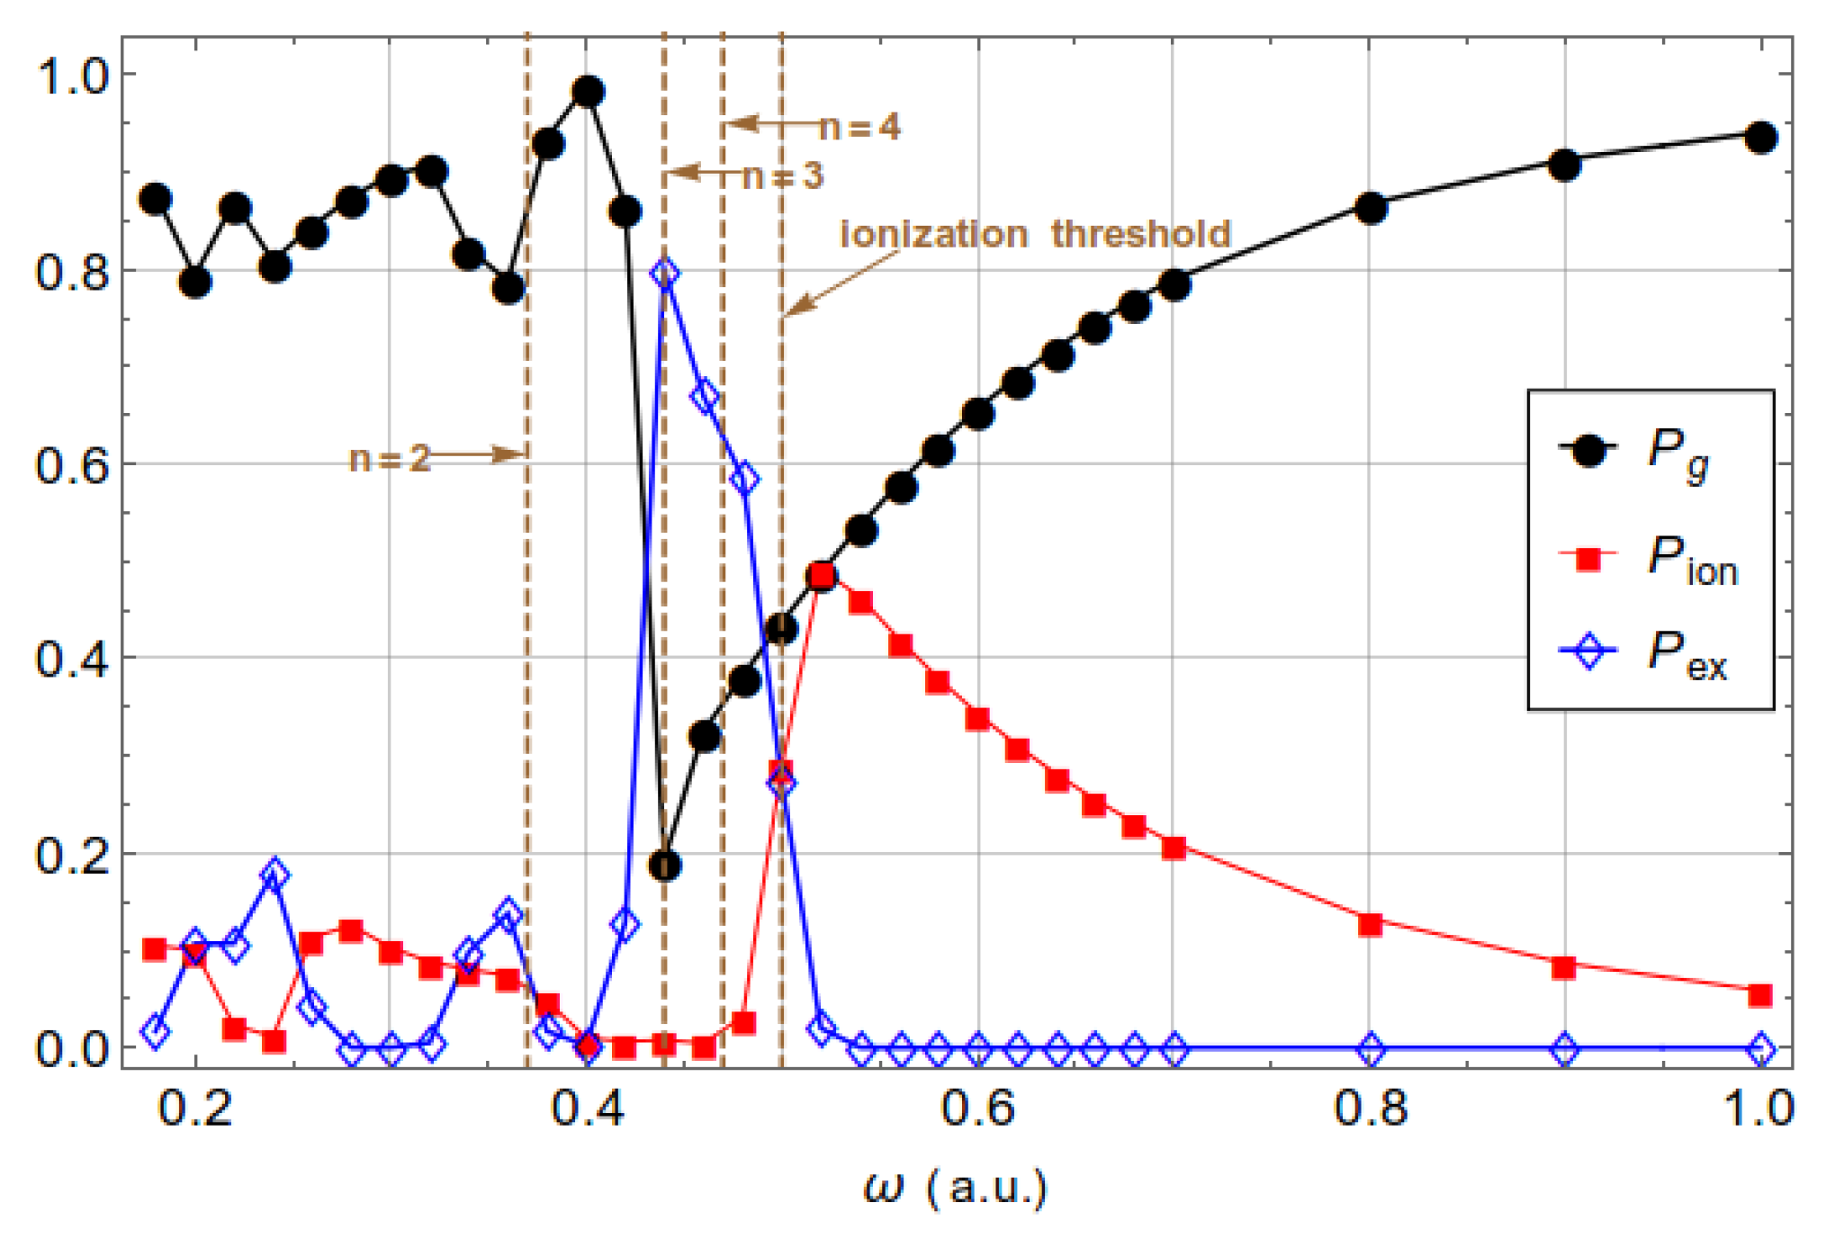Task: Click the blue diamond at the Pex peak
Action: [664, 273]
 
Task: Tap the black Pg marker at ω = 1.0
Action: [1760, 138]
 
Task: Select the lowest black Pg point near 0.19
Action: [664, 866]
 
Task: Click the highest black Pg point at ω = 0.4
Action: [588, 91]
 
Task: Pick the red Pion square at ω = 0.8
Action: [1370, 924]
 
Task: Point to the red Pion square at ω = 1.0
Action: [1760, 994]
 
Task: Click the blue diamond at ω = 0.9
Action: [1565, 1048]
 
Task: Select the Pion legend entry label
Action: [1691, 560]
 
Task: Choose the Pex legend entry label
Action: [1687, 655]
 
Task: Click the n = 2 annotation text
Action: [389, 459]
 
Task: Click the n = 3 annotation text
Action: [781, 176]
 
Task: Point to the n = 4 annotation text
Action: [859, 128]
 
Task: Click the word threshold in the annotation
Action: [1140, 234]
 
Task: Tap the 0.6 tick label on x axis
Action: [978, 1109]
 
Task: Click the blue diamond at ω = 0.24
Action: [274, 874]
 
